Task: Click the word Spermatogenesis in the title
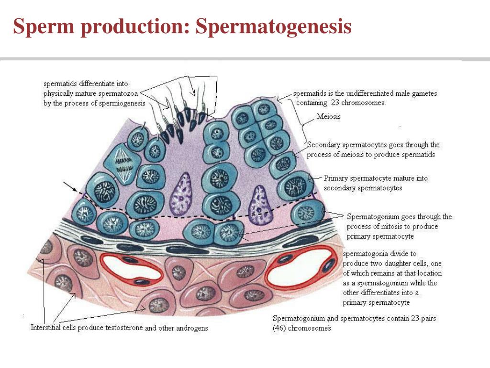click(x=273, y=27)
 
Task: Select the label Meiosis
click(x=329, y=116)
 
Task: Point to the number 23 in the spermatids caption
click(x=334, y=103)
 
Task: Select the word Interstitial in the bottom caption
click(x=46, y=328)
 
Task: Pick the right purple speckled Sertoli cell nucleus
click(x=260, y=205)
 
